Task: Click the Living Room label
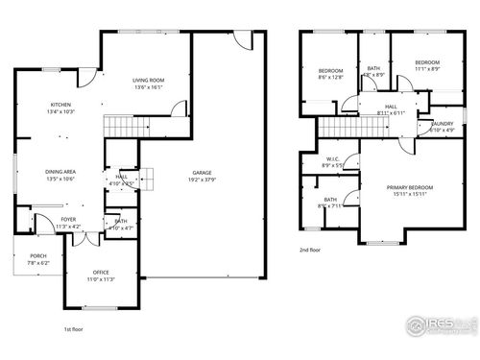point(148,81)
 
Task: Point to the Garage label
point(200,173)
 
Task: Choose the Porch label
point(37,255)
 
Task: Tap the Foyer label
point(68,220)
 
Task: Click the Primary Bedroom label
point(410,187)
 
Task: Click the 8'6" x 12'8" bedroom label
point(330,71)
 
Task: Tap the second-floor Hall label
point(391,107)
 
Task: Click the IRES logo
point(439,327)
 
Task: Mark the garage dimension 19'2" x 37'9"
point(200,180)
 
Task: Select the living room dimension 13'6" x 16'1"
point(148,87)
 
